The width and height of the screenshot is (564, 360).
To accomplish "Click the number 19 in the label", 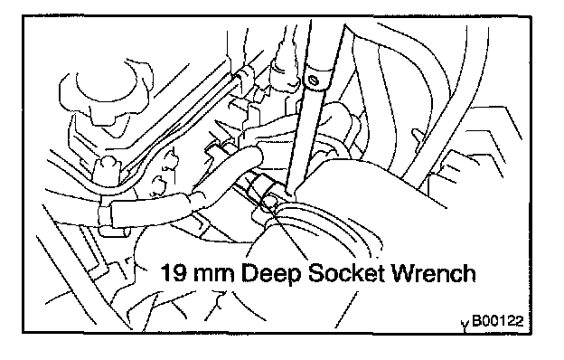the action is pos(174,273).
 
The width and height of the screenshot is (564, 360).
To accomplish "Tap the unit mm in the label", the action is pos(213,275).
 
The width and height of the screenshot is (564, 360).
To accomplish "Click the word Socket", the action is pos(347,273).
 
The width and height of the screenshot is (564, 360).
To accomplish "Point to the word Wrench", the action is pos(433,273).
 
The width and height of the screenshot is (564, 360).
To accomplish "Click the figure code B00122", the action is pos(498,320).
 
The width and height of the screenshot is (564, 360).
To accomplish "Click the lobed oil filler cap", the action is pos(104,94).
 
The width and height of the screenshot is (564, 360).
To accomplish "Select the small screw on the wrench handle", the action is pos(314,80).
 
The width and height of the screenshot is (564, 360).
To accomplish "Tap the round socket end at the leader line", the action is pos(269,203).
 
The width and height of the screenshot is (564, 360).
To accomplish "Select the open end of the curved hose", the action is pos(258,156).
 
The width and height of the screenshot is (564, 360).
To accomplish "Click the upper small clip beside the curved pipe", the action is pos(172,157).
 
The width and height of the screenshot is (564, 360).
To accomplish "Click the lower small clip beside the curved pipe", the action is pos(159,183).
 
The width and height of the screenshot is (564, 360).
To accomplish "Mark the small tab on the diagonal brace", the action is pos(417,137).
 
